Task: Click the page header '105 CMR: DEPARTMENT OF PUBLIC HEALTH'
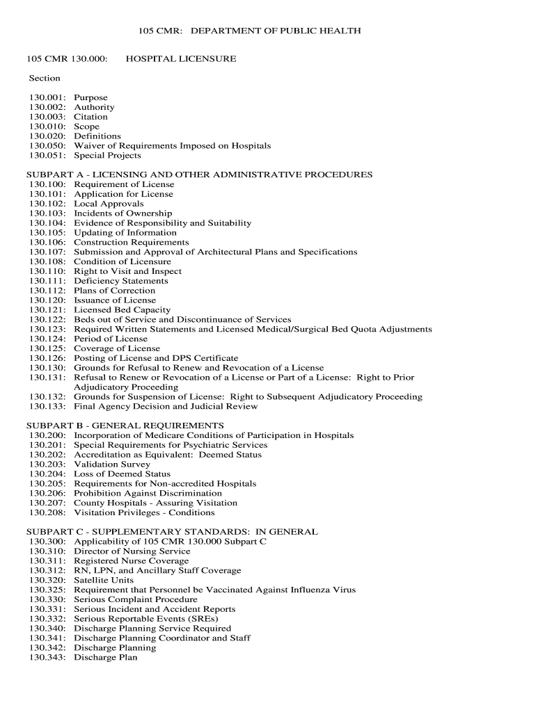(249, 31)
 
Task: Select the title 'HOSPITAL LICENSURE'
(181, 59)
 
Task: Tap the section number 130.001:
(48, 98)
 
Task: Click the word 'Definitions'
(97, 136)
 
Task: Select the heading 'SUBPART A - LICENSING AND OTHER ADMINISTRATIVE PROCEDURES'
(199, 175)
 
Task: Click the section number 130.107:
(48, 252)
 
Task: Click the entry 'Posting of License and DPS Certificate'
(156, 359)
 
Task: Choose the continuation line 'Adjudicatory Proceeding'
(126, 387)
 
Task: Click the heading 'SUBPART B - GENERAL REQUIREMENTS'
(125, 426)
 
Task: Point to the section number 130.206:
(48, 494)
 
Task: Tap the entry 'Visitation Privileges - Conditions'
(144, 513)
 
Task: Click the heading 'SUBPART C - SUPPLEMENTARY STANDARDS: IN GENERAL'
(172, 532)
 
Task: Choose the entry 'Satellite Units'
(104, 580)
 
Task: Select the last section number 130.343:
(48, 658)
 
